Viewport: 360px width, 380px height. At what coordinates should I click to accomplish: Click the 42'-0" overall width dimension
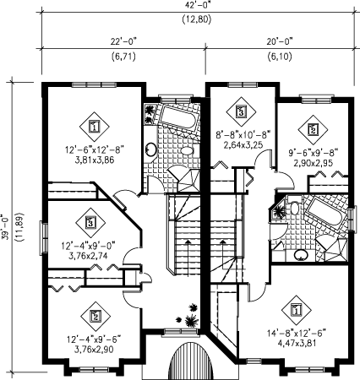[x=196, y=4]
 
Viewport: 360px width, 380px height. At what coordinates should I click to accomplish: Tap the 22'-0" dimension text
[x=123, y=41]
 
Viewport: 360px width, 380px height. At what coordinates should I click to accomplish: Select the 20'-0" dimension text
[x=280, y=41]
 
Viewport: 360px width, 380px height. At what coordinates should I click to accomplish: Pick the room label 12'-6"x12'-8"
[x=95, y=149]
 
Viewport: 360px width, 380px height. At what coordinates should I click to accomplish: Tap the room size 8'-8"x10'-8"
[x=243, y=134]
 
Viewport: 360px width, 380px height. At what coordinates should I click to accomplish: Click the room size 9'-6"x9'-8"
[x=313, y=153]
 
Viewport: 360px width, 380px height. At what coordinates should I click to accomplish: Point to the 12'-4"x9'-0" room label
[x=90, y=246]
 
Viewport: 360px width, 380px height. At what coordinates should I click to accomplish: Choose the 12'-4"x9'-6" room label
[x=94, y=339]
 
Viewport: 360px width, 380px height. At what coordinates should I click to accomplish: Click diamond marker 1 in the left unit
[x=94, y=127]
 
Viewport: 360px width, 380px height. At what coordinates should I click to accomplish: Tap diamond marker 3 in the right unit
[x=241, y=111]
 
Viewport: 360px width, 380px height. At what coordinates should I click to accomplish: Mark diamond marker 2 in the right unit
[x=313, y=129]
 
